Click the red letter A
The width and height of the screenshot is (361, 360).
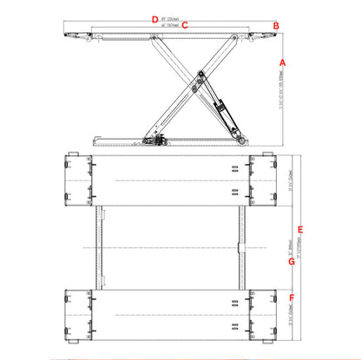pos(283,62)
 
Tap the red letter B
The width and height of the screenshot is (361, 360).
pos(276,26)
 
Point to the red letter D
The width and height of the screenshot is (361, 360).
pos(154,18)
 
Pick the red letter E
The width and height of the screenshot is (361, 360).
pos(300,229)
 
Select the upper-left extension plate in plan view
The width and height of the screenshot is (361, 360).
pos(79,180)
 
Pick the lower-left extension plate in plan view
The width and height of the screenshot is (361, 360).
pos(79,315)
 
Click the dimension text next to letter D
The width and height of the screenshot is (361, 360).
pos(173,18)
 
